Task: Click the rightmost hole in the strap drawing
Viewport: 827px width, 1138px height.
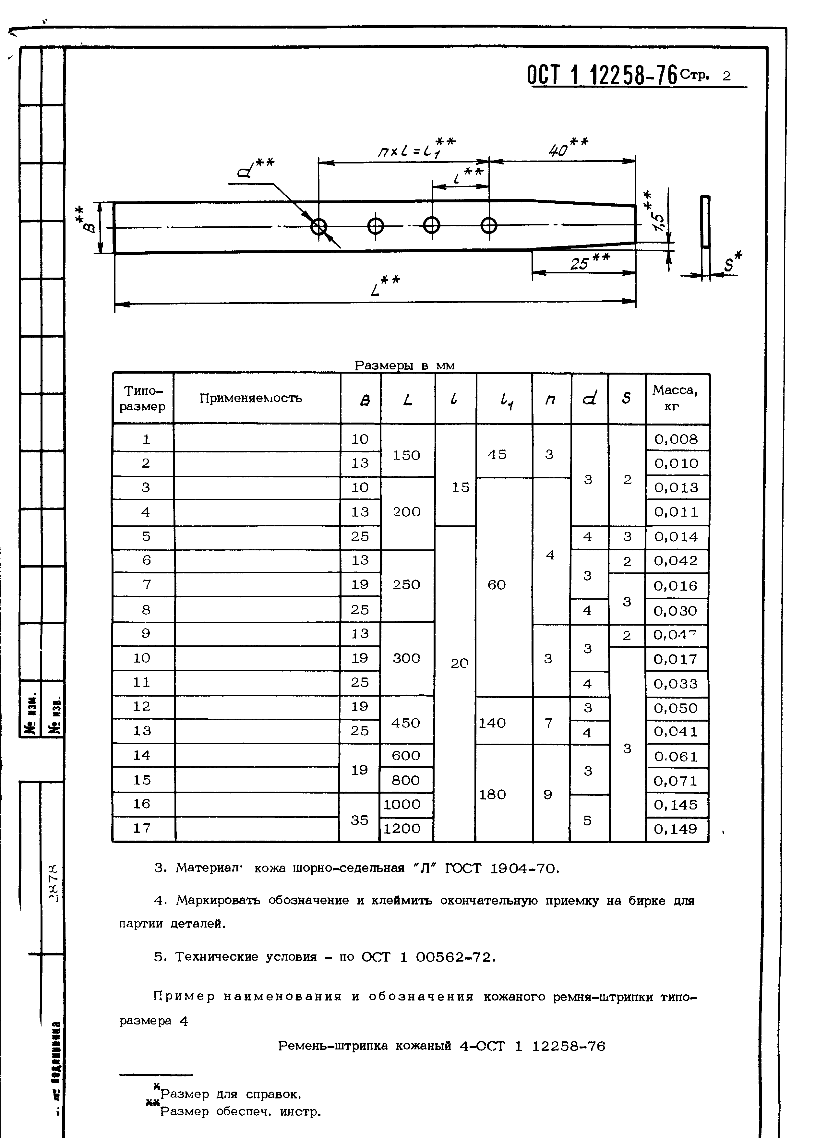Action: click(489, 226)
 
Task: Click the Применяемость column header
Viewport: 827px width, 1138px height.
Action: click(251, 398)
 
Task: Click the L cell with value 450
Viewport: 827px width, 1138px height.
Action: click(405, 723)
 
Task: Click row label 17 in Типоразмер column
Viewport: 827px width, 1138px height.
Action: click(142, 828)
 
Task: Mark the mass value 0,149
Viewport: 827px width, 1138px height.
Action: click(676, 829)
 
